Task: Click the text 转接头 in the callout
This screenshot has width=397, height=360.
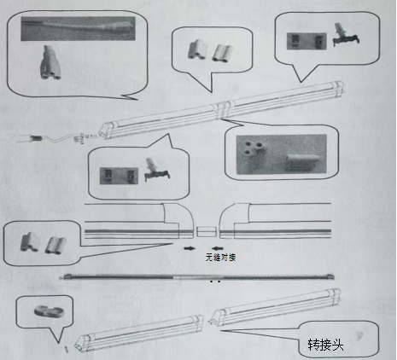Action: pyautogui.click(x=325, y=345)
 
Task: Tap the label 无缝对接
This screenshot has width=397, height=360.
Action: pyautogui.click(x=220, y=258)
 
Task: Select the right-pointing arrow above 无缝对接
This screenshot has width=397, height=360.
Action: pyautogui.click(x=190, y=248)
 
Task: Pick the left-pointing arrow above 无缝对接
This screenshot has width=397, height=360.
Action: pyautogui.click(x=218, y=248)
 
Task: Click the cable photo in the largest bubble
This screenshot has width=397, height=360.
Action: pyautogui.click(x=78, y=28)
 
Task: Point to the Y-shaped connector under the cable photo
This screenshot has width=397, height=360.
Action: pyautogui.click(x=50, y=62)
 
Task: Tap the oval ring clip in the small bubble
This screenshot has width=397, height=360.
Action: pyautogui.click(x=49, y=311)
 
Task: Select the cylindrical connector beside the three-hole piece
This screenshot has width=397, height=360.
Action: pyautogui.click(x=301, y=163)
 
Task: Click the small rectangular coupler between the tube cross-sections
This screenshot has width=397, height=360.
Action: pyautogui.click(x=207, y=231)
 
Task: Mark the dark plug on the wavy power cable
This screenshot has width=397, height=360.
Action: pyautogui.click(x=37, y=138)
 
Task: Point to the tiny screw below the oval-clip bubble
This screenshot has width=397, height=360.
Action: pyautogui.click(x=67, y=350)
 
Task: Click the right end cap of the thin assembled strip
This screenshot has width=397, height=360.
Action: pyautogui.click(x=330, y=276)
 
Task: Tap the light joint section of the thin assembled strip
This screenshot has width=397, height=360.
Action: pyautogui.click(x=198, y=277)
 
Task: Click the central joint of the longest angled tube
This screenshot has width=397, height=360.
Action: pyautogui.click(x=222, y=109)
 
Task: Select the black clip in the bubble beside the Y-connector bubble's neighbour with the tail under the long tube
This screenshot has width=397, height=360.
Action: pyautogui.click(x=157, y=170)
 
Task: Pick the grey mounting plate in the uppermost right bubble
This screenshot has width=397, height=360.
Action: pyautogui.click(x=307, y=41)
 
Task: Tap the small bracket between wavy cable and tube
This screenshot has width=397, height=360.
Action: pyautogui.click(x=79, y=139)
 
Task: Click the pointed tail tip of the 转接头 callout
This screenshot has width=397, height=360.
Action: pyautogui.click(x=220, y=330)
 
